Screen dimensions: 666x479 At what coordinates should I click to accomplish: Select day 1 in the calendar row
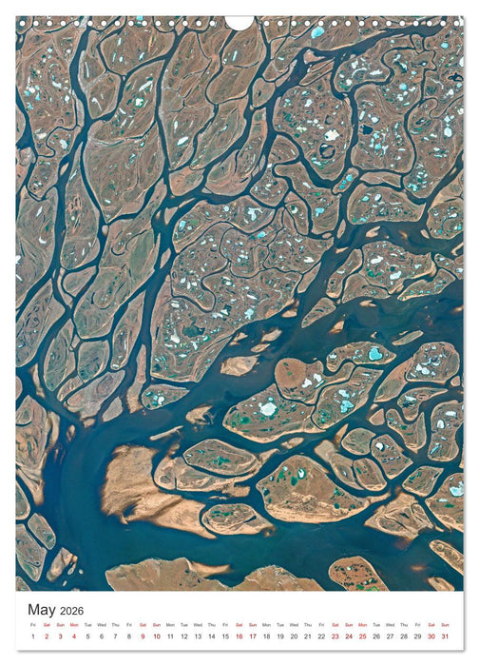(32, 637)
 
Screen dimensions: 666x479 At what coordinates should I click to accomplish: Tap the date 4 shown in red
(74, 637)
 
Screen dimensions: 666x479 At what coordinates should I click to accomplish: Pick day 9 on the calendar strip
(143, 637)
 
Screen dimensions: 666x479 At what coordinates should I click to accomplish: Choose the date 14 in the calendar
(212, 637)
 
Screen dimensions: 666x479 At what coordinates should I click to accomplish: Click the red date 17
(253, 637)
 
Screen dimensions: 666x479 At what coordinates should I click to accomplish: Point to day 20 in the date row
(295, 637)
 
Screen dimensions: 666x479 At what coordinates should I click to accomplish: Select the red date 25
(363, 637)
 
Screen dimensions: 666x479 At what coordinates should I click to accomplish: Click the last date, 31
(446, 637)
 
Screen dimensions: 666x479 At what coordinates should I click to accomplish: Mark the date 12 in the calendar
(184, 637)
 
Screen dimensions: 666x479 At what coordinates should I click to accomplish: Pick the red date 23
(335, 637)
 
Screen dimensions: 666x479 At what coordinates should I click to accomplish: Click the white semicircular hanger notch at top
(239, 21)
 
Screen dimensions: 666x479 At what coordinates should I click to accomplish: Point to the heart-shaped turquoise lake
(375, 354)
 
